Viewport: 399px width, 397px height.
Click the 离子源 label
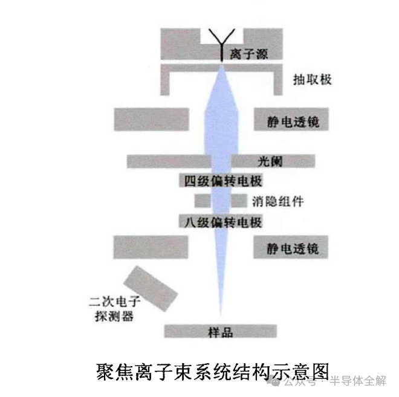[x=248, y=55]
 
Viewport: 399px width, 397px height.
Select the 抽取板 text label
[x=312, y=80]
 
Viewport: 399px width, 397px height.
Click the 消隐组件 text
[x=277, y=201]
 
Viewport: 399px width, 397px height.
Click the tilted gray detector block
[x=148, y=287]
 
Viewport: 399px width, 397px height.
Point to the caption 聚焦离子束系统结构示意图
[x=212, y=369]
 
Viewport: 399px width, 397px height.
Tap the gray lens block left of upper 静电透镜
[x=151, y=120]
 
